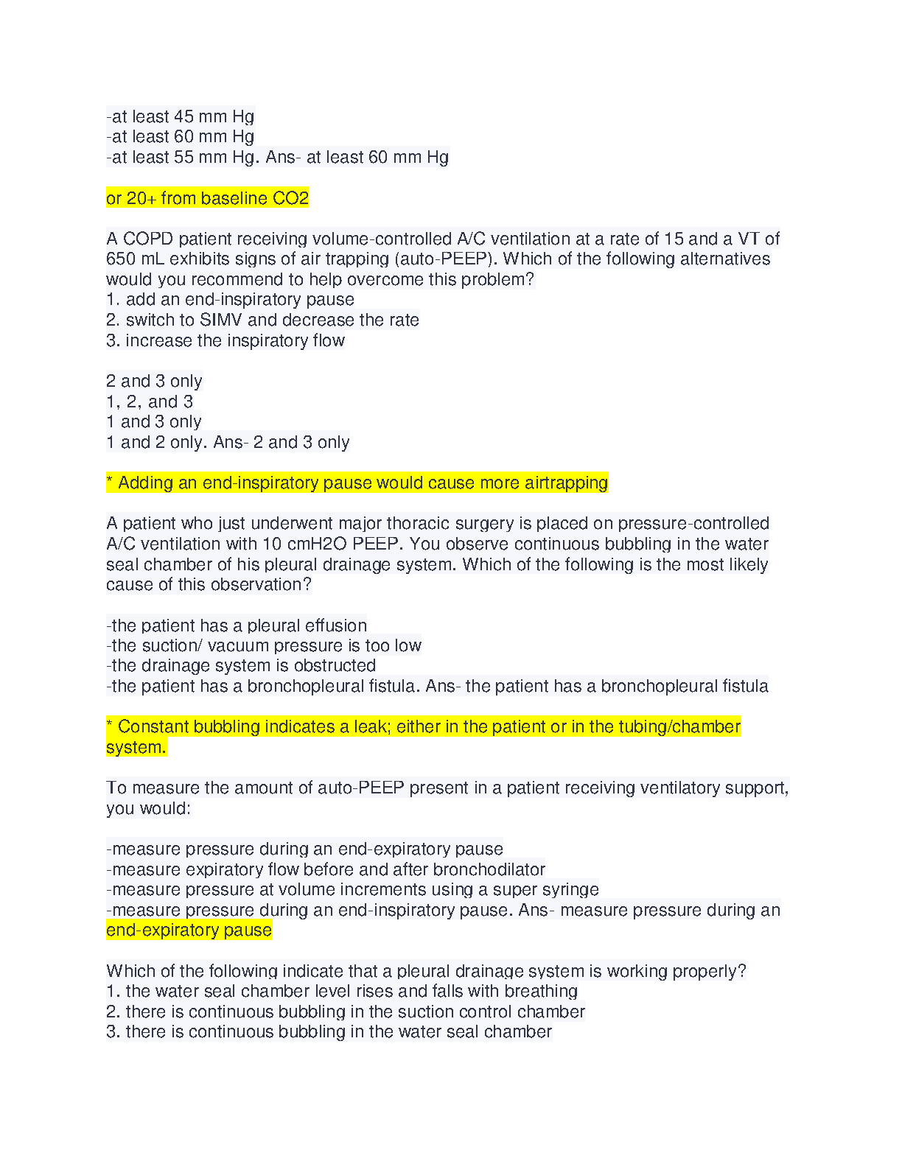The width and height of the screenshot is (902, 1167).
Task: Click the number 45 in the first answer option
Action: coord(183,116)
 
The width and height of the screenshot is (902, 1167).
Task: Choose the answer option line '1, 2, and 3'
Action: coord(150,402)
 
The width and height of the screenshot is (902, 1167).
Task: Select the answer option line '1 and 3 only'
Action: coord(154,422)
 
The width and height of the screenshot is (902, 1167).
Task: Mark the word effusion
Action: coord(336,625)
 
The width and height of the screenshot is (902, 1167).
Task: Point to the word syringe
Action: coord(572,890)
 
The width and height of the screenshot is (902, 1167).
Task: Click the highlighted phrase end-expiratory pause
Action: coord(189,931)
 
